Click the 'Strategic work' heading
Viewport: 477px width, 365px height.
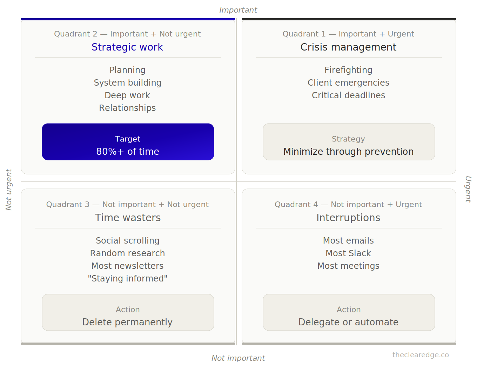point(127,47)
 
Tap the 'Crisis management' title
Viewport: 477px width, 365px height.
point(348,47)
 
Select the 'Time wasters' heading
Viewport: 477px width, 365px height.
point(128,218)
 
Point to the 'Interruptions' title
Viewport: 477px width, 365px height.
point(348,218)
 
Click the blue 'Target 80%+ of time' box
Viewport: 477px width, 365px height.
point(128,142)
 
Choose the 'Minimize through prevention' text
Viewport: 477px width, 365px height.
point(348,152)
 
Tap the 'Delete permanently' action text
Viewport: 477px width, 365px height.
point(127,322)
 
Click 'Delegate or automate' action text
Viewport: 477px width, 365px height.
point(348,322)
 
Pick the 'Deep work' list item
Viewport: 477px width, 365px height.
point(127,95)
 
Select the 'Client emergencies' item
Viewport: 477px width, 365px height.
point(348,83)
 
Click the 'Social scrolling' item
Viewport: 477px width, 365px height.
point(128,241)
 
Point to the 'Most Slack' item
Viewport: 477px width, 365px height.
point(348,253)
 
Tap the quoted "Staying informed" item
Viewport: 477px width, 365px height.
point(128,278)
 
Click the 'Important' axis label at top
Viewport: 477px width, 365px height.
point(238,10)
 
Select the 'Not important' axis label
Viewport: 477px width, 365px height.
point(238,358)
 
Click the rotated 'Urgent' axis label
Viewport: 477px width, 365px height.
point(468,190)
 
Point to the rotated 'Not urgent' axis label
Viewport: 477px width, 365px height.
point(9,190)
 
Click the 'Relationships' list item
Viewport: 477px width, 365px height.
point(127,108)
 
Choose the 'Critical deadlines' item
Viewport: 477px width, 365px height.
point(348,95)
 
